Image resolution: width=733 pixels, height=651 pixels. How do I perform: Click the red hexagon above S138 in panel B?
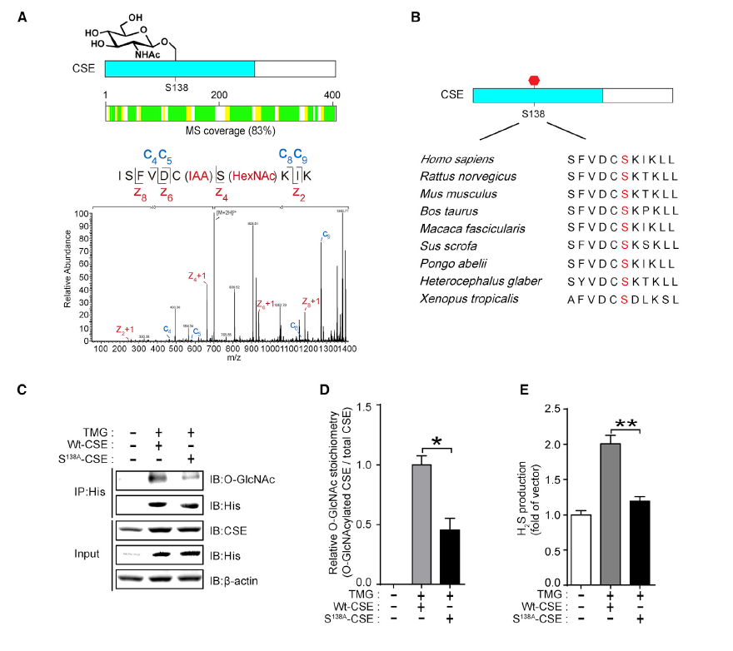tap(535, 80)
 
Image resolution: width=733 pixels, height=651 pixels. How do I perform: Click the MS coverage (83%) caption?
tap(218, 131)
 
